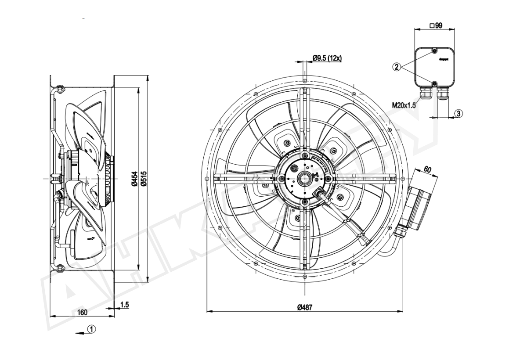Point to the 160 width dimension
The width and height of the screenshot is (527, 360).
[x=83, y=312]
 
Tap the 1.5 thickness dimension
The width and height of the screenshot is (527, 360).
[x=124, y=304]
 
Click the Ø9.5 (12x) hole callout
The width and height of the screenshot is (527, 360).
[x=327, y=58]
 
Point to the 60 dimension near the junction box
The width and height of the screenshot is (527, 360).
[x=427, y=169]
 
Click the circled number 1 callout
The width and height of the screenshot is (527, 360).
[x=92, y=328]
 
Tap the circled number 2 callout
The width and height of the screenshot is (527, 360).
[x=397, y=67]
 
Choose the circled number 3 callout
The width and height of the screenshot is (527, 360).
[x=458, y=113]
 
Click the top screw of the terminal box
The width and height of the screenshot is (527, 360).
[x=434, y=51]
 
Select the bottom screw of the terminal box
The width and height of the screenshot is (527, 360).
[x=434, y=84]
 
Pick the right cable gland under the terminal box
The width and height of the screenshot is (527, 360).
[x=443, y=94]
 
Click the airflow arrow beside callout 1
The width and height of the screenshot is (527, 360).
[x=80, y=333]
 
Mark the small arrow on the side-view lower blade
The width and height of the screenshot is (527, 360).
[x=92, y=239]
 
